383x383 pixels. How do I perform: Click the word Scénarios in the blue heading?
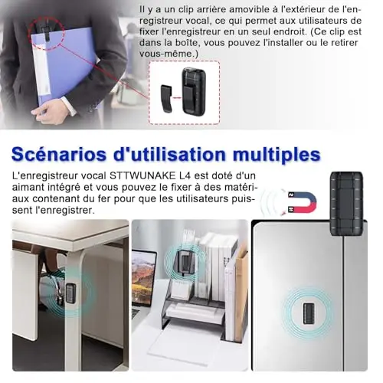tap(58, 154)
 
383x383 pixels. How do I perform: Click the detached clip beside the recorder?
tap(166, 99)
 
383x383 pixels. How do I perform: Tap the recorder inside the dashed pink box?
tap(191, 91)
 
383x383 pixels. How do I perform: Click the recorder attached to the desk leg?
tap(70, 293)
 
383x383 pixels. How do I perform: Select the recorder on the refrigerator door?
tap(308, 314)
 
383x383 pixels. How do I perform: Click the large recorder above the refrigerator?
tap(347, 203)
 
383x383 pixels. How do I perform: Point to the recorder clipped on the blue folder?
tap(46, 28)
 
